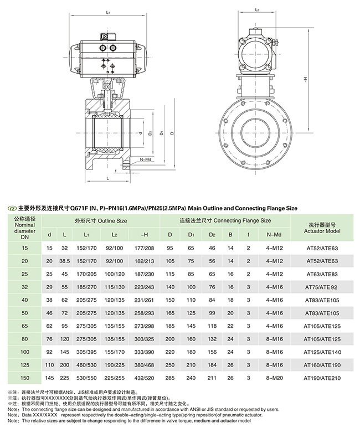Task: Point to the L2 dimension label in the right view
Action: pos(256,11)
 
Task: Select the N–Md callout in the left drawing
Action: pos(146,159)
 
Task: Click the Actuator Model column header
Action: pos(322,227)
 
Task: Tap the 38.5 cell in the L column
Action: pos(65,260)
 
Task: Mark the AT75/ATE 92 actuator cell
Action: pos(322,287)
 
